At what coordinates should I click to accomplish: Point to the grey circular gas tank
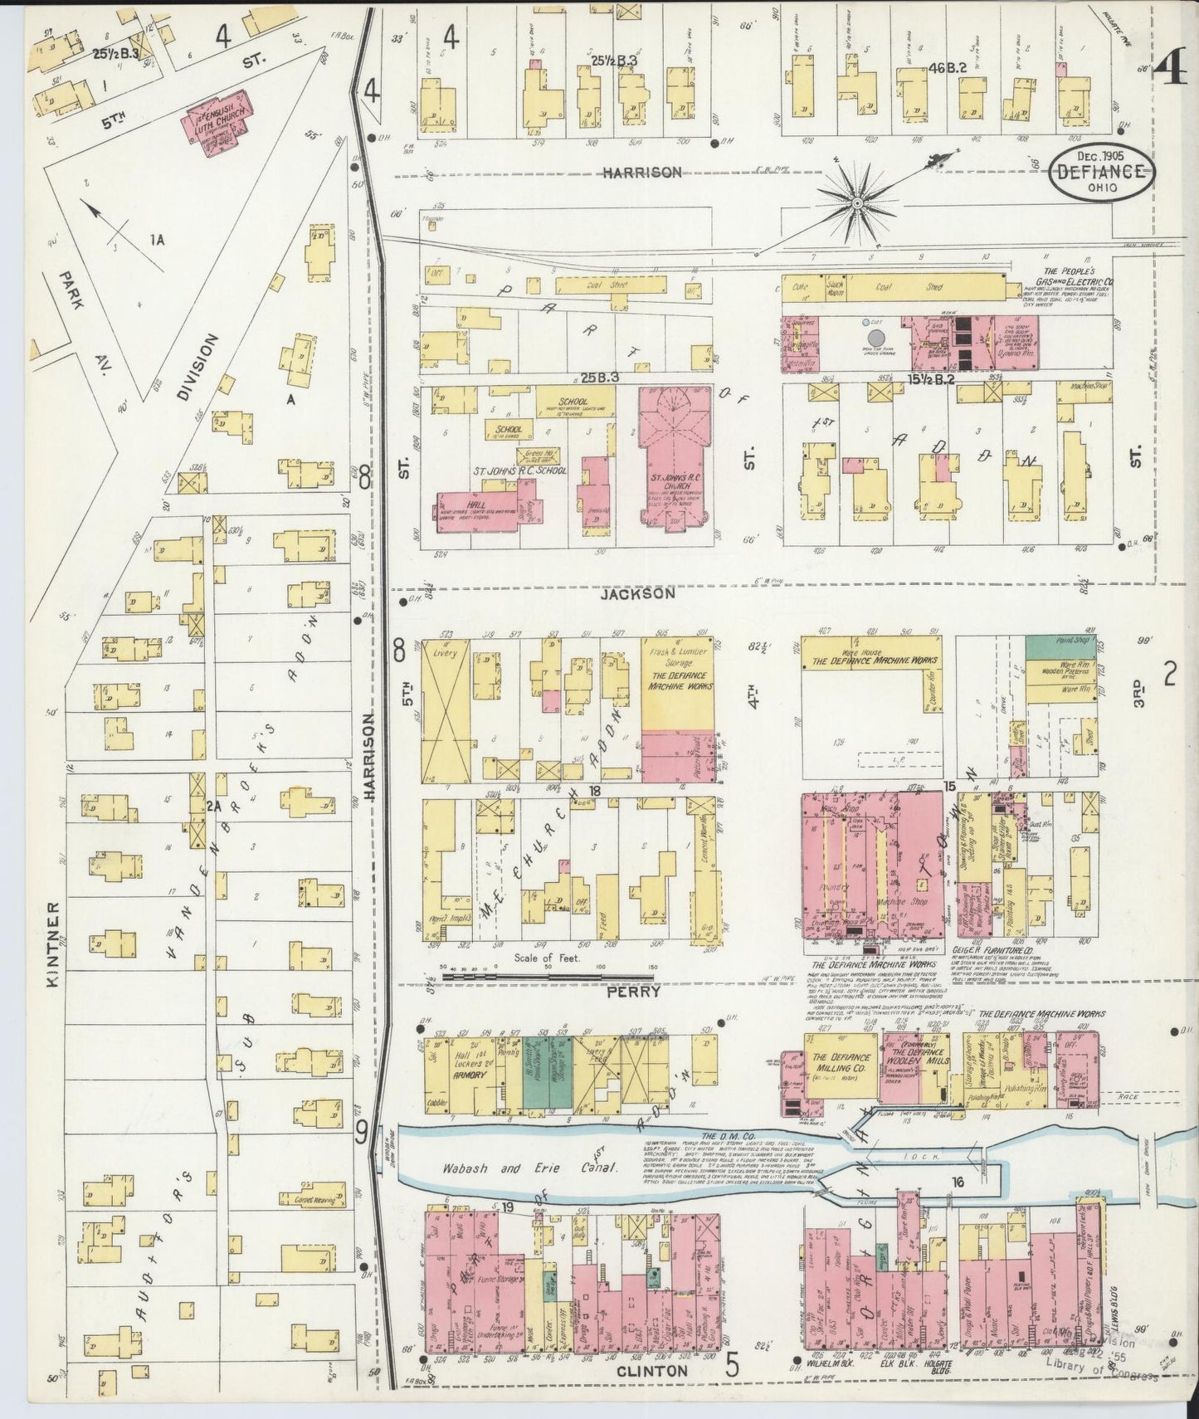(875, 339)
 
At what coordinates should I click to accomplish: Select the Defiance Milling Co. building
(840, 1063)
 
